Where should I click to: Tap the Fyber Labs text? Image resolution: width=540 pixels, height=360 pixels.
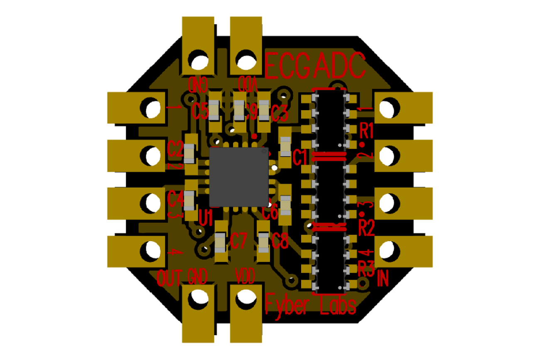[311, 305]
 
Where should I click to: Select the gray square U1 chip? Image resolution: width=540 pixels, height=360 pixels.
[239, 176]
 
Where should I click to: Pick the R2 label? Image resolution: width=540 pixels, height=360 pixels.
[367, 229]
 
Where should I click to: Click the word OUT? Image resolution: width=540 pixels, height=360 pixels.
[169, 278]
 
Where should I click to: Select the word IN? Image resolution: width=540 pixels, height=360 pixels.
[382, 279]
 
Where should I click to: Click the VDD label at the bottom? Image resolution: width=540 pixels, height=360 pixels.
[245, 276]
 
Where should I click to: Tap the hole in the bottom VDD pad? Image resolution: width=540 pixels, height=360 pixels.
[246, 299]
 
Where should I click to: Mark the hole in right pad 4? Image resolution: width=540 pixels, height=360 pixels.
[386, 249]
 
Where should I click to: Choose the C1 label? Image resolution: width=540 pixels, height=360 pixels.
[300, 157]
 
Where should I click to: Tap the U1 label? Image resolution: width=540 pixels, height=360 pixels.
[206, 217]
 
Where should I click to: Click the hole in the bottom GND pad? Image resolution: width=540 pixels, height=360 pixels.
[198, 299]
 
